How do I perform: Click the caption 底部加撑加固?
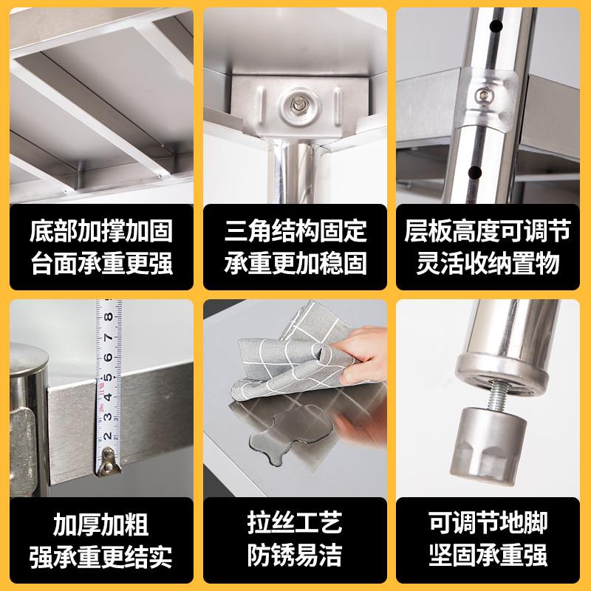(x=102, y=231)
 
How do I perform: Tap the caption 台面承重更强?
(x=102, y=264)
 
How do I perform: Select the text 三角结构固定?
(x=295, y=231)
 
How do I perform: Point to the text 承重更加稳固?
(x=295, y=264)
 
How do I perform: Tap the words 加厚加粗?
(x=101, y=525)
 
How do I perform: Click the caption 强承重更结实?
(x=101, y=557)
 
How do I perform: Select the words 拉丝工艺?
(x=295, y=525)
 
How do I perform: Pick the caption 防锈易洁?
(x=295, y=557)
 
